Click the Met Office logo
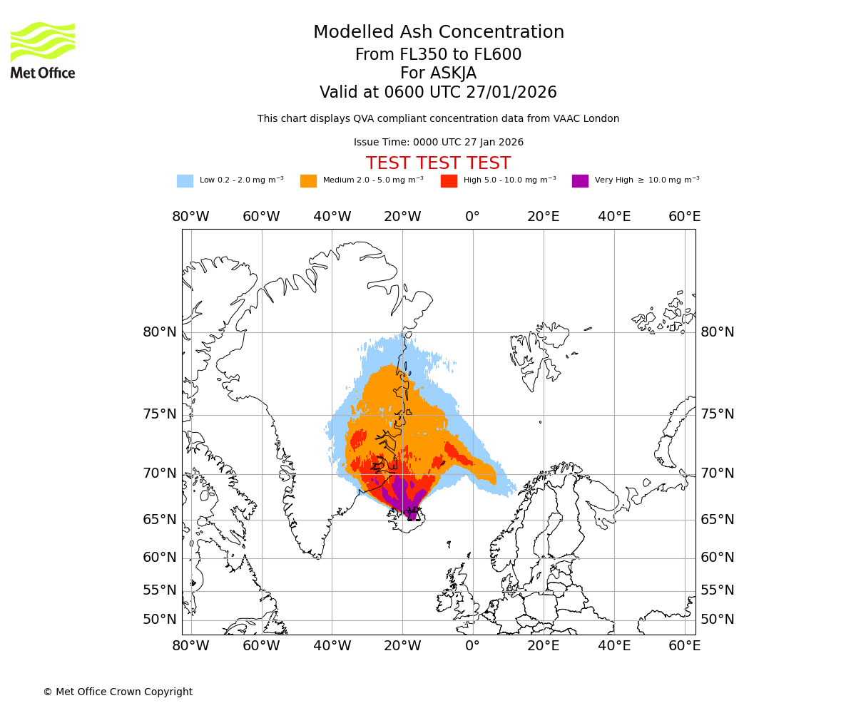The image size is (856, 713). tap(43, 50)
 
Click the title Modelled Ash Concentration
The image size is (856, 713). tap(439, 33)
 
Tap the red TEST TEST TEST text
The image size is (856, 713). tap(439, 163)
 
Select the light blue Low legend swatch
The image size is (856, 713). tap(185, 181)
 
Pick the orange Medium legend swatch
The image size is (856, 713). tap(308, 181)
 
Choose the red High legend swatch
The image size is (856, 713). tap(449, 181)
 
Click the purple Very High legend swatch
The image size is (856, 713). tap(580, 181)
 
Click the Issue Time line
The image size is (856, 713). tap(439, 143)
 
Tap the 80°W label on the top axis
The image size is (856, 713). tap(190, 217)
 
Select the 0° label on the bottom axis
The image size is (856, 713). tap(472, 646)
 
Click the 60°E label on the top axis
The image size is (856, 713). tap(684, 217)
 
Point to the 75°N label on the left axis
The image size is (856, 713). tap(160, 414)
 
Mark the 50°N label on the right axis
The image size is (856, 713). tap(717, 620)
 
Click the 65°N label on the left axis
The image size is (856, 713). tap(160, 519)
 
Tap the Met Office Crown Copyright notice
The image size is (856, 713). tap(118, 692)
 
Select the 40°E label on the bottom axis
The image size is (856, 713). tap(613, 646)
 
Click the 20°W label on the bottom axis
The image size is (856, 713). tap(402, 646)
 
